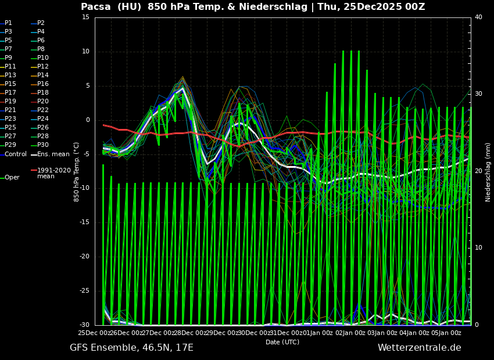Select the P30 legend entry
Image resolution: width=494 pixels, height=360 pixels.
(42, 145)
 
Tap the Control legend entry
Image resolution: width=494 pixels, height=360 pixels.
(15, 154)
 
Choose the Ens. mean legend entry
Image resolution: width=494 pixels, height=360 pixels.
(53, 154)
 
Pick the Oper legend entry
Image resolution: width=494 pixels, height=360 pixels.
(12, 178)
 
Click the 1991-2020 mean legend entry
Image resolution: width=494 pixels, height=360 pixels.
(53, 173)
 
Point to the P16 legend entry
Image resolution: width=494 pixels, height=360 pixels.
(42, 84)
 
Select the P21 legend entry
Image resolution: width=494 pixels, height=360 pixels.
(10, 110)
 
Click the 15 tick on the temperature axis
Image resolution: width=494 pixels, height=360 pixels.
(85, 17)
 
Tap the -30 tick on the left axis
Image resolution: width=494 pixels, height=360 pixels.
(84, 325)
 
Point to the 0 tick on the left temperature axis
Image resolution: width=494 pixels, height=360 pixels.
(87, 120)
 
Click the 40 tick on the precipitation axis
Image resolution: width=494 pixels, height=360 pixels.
(478, 17)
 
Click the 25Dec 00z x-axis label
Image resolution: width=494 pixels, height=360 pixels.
(94, 333)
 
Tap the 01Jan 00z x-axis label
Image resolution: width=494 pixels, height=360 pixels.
(317, 333)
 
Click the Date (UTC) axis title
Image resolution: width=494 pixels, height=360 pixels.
(282, 342)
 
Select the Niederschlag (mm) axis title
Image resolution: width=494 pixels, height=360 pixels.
(488, 172)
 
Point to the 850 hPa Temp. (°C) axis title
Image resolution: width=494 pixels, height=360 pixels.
(77, 172)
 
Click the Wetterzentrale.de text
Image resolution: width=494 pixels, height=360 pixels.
(419, 348)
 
